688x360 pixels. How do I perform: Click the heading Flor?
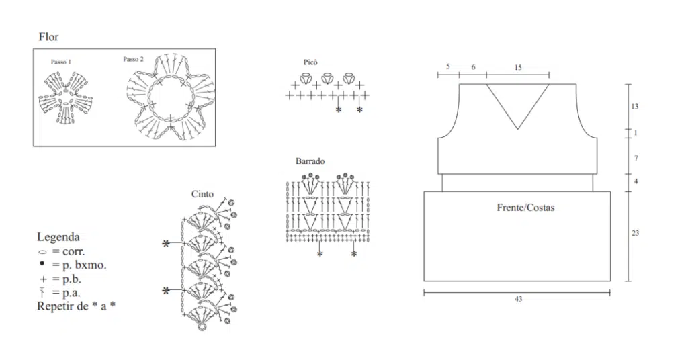[x=48, y=37]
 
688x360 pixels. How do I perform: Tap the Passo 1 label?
[x=61, y=62]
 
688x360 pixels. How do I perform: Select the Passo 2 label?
[x=133, y=59]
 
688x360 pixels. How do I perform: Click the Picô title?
[x=310, y=62]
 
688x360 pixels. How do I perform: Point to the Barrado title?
[x=310, y=161]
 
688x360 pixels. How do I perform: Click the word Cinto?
[x=202, y=194]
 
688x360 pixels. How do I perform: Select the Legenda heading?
[x=58, y=237]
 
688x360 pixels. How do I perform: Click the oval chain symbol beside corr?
[x=42, y=252]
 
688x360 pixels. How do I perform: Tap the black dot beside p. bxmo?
[x=42, y=263]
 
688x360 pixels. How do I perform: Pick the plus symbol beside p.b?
[x=43, y=279]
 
